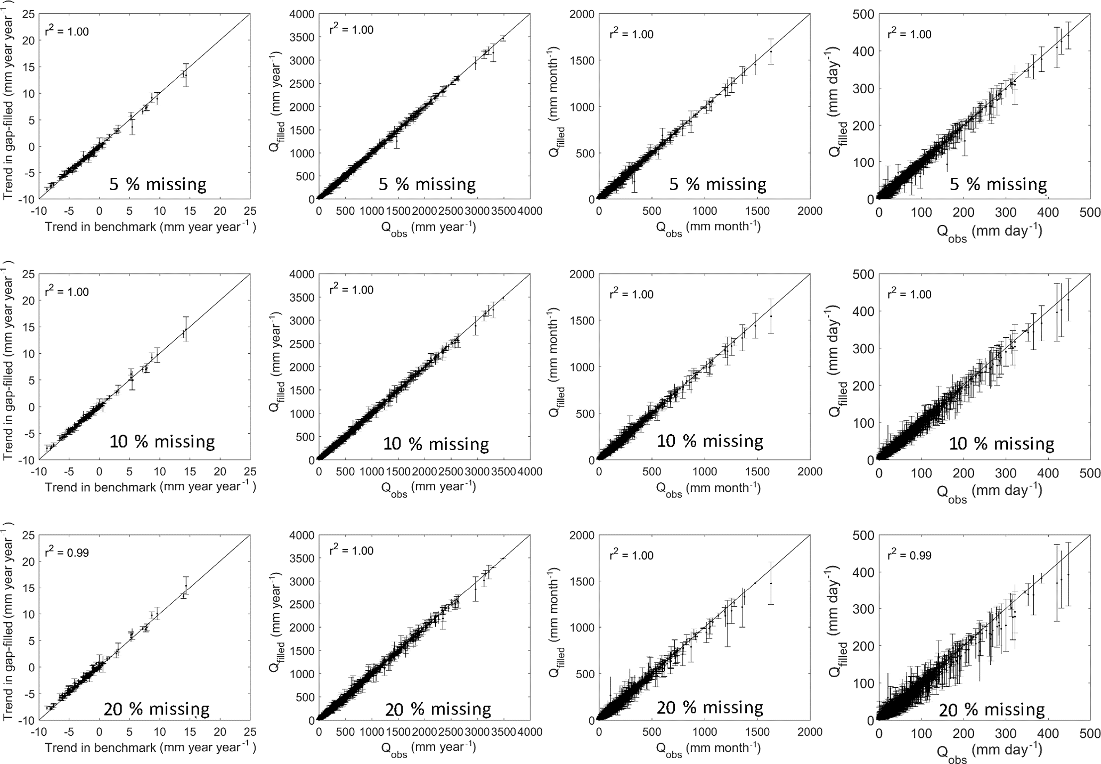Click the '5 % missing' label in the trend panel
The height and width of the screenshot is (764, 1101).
pos(158,184)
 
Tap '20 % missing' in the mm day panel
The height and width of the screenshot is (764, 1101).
pos(991,709)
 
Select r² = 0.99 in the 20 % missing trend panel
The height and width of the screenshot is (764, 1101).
pos(66,552)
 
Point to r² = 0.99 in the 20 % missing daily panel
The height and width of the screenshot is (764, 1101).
pos(909,555)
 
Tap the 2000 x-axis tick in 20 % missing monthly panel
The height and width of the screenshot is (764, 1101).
pos(810,732)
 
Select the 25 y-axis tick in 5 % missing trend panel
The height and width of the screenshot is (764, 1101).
pos(29,14)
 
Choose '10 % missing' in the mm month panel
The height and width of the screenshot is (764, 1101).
pos(710,441)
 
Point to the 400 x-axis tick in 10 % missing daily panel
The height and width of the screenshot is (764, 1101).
pos(1048,473)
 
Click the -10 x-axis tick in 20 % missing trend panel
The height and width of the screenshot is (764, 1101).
pos(38,732)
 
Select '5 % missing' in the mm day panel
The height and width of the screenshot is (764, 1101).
pos(998,184)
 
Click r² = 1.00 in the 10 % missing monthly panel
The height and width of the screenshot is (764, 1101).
pos(631,294)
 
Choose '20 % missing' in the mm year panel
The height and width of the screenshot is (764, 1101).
pos(438,709)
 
